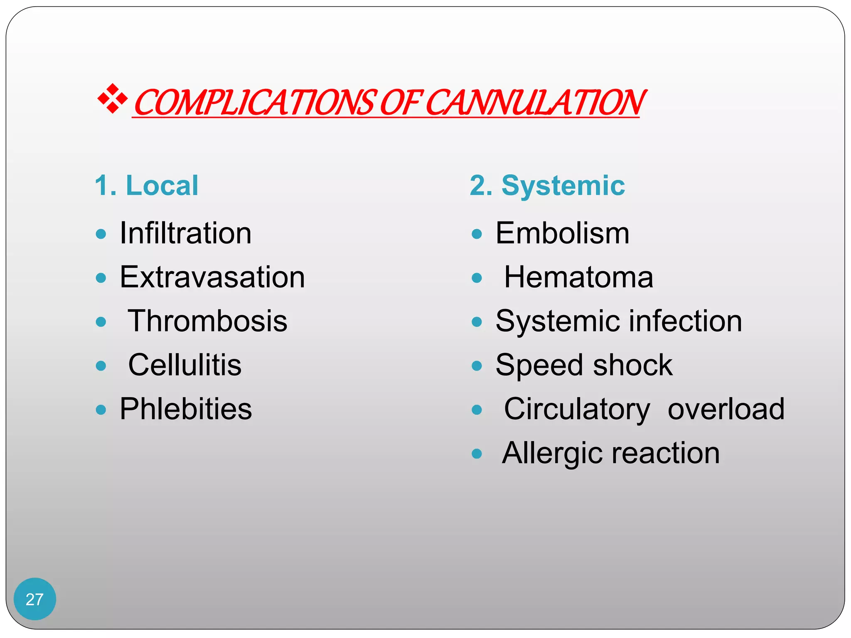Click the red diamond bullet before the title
(x=112, y=99)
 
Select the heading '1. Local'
(x=146, y=185)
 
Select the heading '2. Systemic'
(x=547, y=185)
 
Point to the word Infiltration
(x=185, y=233)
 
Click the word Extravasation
(x=212, y=277)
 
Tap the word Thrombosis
(x=207, y=321)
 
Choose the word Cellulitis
(x=185, y=365)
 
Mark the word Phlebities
(x=186, y=409)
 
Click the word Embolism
(x=563, y=233)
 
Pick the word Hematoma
(x=578, y=277)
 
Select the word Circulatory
(x=577, y=409)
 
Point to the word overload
(x=726, y=409)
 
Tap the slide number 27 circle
(x=34, y=599)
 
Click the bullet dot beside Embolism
(x=477, y=234)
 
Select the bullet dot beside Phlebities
(x=101, y=410)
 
